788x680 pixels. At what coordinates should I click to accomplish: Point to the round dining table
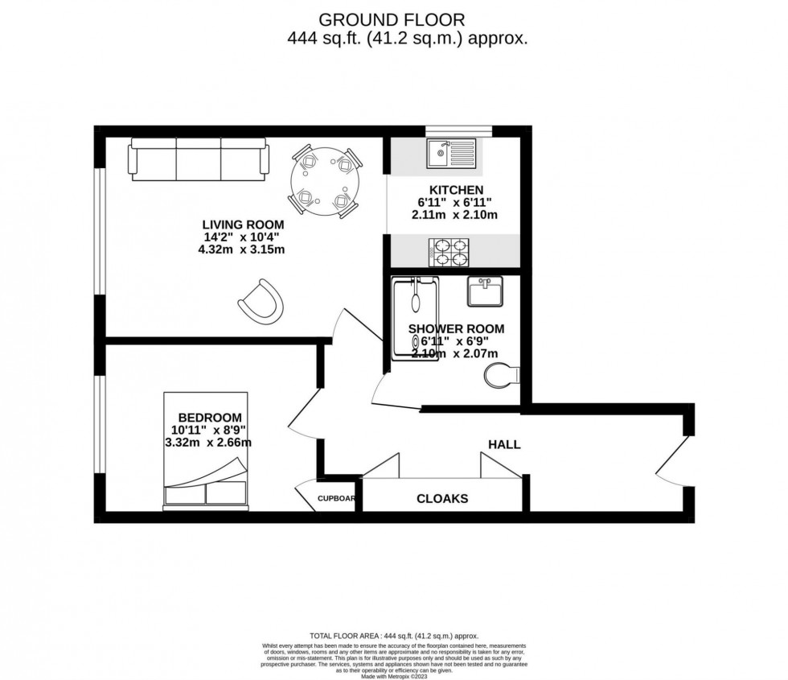click(324, 183)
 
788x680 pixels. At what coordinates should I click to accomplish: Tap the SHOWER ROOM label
click(456, 328)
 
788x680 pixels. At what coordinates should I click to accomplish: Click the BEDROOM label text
click(209, 417)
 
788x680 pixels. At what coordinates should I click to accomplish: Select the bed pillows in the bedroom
click(206, 492)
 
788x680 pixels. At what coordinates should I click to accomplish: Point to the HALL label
click(504, 444)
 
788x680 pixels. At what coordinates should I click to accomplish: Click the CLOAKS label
click(441, 499)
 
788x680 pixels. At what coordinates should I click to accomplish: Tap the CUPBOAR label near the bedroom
click(336, 498)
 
